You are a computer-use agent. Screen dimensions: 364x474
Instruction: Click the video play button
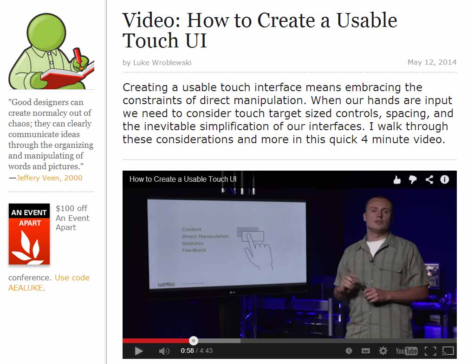tap(139, 351)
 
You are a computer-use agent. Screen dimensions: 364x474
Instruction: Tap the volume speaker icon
tap(164, 351)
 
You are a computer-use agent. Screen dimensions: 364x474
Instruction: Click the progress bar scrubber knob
tap(194, 341)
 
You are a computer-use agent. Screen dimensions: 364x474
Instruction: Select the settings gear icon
tap(383, 351)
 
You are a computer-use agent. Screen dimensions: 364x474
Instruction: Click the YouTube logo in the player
tap(406, 351)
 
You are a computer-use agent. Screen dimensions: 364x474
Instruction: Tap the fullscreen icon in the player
tap(430, 351)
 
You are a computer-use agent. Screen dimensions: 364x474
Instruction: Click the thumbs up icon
tap(397, 180)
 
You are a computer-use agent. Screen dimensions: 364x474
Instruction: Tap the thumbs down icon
tap(413, 180)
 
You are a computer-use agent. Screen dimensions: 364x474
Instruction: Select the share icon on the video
tap(429, 180)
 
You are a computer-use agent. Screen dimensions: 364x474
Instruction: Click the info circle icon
tap(445, 179)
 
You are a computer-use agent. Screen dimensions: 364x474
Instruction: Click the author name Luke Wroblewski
tap(162, 63)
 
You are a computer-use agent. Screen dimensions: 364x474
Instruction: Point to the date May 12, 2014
tap(432, 62)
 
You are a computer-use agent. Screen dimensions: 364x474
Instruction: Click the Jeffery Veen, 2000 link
tap(50, 178)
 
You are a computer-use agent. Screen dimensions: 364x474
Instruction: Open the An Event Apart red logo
tap(29, 234)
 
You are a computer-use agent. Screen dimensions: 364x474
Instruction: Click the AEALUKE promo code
tap(26, 288)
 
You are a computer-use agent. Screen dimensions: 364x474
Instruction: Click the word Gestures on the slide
tap(193, 243)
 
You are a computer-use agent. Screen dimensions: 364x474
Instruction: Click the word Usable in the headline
tap(367, 21)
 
